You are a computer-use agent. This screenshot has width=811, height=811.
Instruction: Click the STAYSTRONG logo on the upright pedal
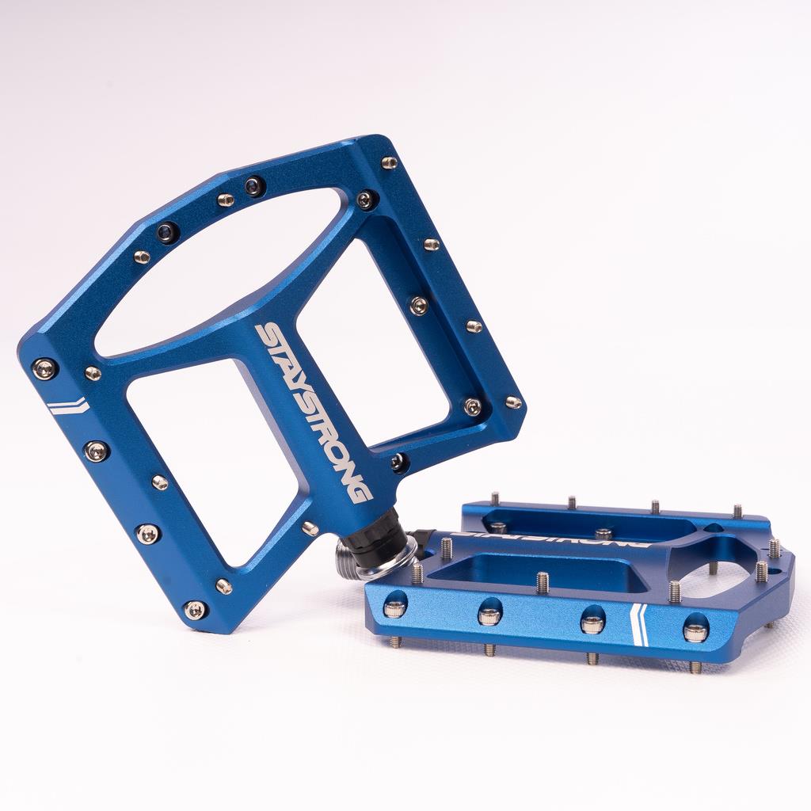[x=314, y=412]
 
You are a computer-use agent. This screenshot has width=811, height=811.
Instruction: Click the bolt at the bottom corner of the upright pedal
[x=194, y=609]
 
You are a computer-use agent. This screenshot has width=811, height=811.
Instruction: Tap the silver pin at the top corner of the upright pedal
[x=389, y=162]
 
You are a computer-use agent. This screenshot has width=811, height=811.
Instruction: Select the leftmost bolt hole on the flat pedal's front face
[x=394, y=607]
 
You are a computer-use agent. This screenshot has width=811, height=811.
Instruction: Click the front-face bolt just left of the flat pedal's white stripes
[x=592, y=623]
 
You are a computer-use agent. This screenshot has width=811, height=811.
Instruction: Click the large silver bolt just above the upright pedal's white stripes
[x=44, y=367]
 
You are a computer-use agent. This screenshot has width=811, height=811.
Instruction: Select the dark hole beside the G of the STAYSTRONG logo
[x=398, y=462]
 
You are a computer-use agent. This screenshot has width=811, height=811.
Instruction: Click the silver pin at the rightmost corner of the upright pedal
[x=513, y=402]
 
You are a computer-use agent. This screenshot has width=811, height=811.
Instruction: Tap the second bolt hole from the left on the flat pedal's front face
[x=489, y=615]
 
